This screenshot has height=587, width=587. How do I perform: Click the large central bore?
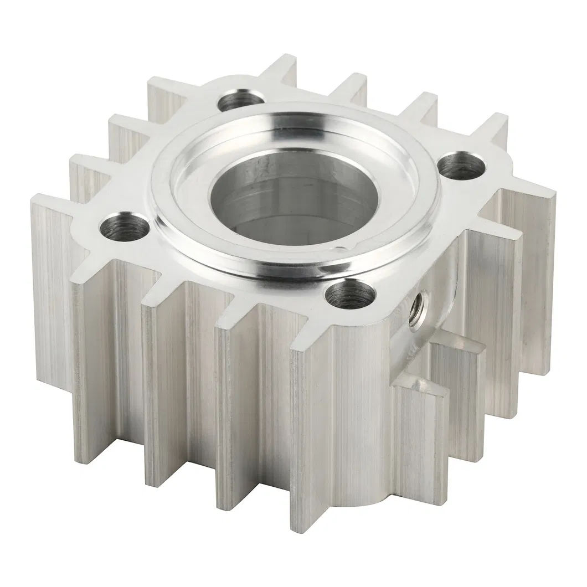point(288,199)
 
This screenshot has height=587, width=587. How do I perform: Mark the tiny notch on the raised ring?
point(347,245)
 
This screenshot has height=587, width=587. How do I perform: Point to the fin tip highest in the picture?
point(288,66)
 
